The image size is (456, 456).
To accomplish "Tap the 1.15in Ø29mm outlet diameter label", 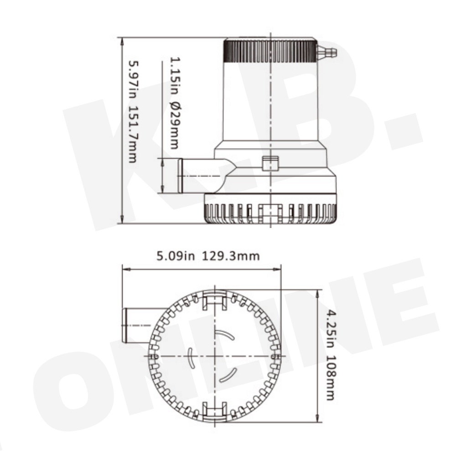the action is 175,103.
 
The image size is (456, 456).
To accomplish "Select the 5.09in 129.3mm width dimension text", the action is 208,256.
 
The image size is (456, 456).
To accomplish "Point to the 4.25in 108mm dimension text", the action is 331,355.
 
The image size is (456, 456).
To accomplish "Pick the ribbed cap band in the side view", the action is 270,52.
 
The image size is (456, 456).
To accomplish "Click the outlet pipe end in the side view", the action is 180,176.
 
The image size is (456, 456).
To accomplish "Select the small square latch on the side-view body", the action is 270,163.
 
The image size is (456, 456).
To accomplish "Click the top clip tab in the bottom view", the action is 215,300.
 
